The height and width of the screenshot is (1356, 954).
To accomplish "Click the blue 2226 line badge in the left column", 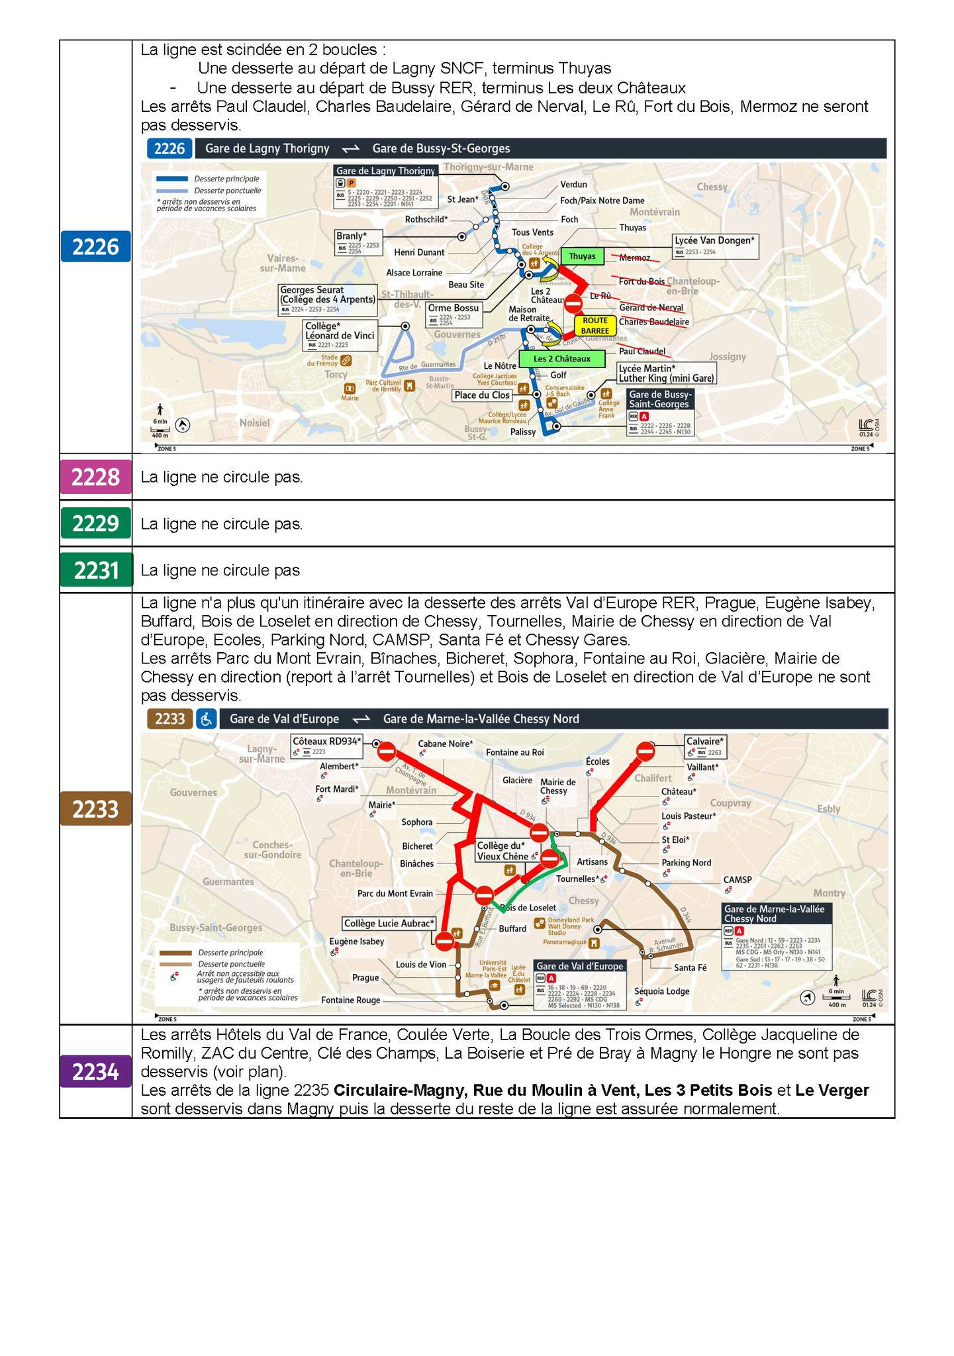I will pos(96,247).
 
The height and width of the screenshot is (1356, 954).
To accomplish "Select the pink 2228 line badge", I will pos(96,477).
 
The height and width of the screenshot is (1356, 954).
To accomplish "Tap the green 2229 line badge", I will pos(96,523).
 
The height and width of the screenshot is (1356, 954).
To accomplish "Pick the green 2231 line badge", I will pos(96,570).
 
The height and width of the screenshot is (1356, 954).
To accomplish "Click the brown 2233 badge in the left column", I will pos(96,808).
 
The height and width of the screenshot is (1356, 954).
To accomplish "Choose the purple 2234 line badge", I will pos(96,1072).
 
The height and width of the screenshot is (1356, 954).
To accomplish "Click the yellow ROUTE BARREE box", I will pos(595,325).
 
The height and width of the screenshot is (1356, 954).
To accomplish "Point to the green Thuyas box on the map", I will pos(582,256).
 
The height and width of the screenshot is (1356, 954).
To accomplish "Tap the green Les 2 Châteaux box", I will pos(561,359).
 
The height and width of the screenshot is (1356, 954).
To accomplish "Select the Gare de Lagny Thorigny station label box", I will pos(386,171).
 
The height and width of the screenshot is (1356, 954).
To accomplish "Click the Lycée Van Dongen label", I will pos(715,241).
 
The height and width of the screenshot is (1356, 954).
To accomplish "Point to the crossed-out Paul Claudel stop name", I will pos(642,351).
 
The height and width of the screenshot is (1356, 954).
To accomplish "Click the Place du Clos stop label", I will pos(482,395).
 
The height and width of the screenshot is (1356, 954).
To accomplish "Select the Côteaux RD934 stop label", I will pos(327,742).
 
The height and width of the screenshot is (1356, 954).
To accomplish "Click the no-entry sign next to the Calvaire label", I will pos(645,751).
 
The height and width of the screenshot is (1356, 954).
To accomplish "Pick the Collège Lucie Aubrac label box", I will pos(389,923).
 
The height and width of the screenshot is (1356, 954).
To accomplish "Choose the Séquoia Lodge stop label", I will pos(661,991).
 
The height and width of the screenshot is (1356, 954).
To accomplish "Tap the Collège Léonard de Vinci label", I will pos(340,331).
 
